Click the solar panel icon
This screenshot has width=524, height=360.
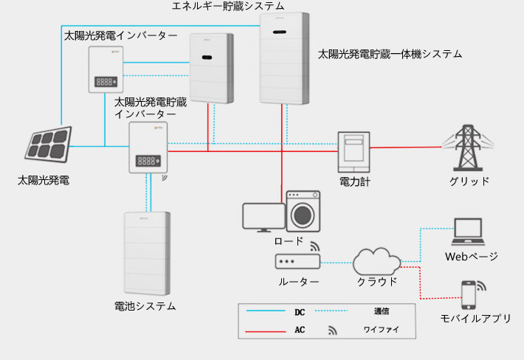pos(49,145)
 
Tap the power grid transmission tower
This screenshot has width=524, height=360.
pos(467,148)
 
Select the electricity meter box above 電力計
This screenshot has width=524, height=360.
pos(354,152)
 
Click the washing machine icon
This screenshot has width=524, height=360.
pos(303,212)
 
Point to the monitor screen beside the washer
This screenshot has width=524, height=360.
pos(263,218)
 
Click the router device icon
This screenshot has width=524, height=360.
pos(297,261)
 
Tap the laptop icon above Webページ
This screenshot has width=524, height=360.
pos(468,232)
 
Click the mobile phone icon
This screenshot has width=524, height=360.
pos(469,295)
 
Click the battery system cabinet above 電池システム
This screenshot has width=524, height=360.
pos(147,254)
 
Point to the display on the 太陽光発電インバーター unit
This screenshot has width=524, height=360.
pos(106,81)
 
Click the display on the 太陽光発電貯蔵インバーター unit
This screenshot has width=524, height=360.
pos(148,161)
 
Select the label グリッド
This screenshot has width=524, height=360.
pos(469,181)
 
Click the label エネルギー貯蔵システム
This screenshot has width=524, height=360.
pos(228,6)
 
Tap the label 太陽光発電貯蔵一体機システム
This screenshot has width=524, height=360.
pos(390,54)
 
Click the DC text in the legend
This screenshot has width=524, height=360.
pos(300,312)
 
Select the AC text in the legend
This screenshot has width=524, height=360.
pos(300,330)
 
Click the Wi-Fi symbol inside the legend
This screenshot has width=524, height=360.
pos(333,330)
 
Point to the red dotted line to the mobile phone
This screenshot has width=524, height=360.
pos(420,283)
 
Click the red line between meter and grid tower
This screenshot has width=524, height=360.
pos(406,147)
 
